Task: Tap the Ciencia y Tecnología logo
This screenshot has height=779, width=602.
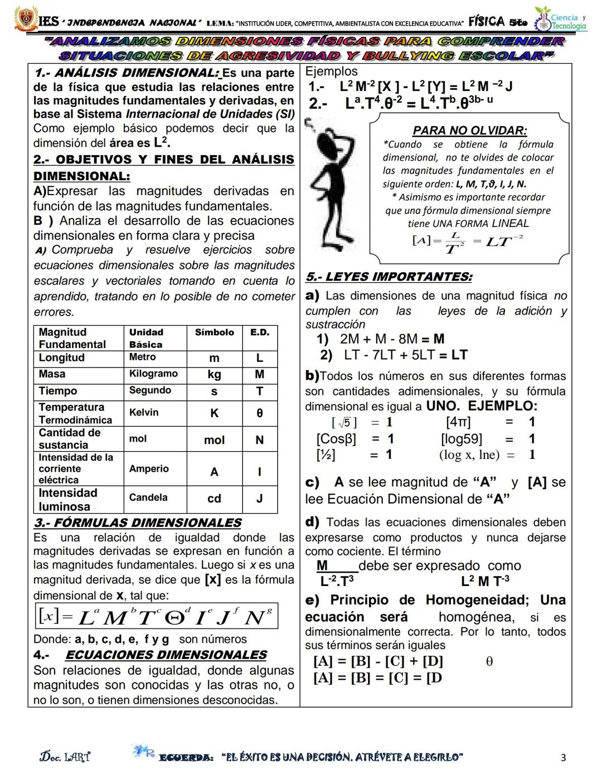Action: [561, 21]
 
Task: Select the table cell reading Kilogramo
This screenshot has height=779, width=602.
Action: [153, 374]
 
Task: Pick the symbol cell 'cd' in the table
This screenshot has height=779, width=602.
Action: [214, 499]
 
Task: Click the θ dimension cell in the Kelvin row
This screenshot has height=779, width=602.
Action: [259, 413]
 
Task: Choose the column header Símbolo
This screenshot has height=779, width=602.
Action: [214, 332]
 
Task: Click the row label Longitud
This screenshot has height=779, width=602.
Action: [62, 357]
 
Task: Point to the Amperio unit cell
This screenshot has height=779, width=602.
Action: [149, 469]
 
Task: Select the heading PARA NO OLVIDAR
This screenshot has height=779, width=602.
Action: [469, 130]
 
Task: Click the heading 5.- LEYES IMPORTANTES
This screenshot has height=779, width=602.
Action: [389, 277]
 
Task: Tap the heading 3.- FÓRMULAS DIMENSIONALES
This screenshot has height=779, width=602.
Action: [137, 523]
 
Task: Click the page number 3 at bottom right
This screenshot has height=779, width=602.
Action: [563, 757]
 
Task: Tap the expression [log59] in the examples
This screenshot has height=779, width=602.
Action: [462, 439]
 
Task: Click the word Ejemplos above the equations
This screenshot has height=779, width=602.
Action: [331, 71]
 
